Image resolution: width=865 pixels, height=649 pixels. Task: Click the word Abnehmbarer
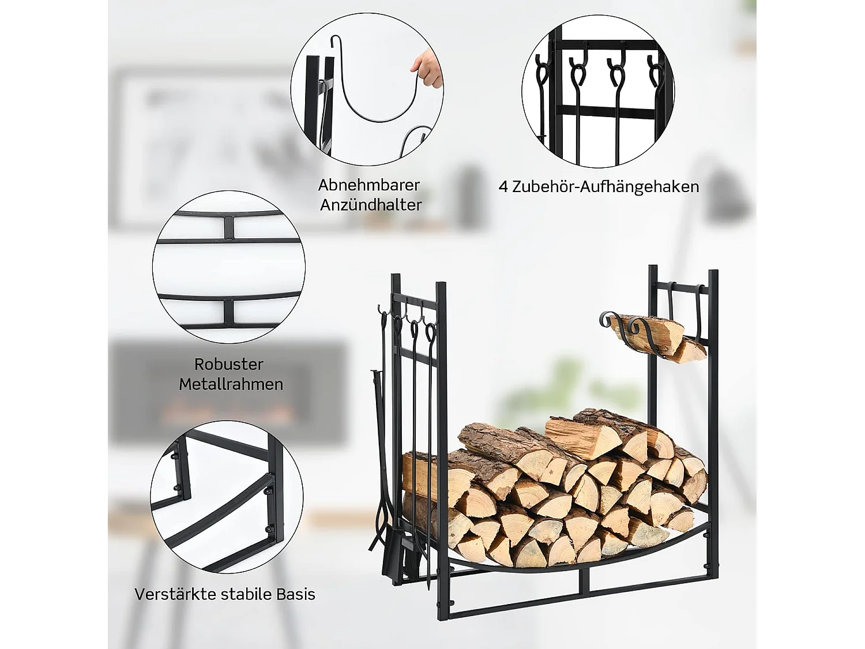tap(369, 185)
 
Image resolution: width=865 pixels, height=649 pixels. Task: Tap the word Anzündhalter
tap(371, 205)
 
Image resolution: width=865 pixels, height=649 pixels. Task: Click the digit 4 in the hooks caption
tap(503, 187)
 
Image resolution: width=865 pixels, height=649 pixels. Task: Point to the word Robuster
tap(229, 365)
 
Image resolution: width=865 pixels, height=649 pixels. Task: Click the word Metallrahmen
tap(231, 384)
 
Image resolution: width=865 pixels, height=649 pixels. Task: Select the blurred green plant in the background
tap(571, 375)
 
